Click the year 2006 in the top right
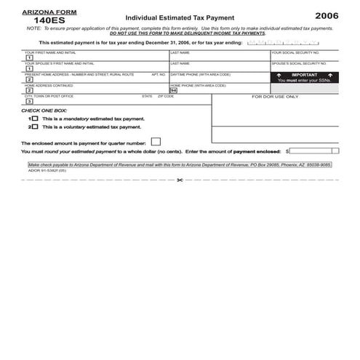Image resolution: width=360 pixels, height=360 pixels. click(327, 15)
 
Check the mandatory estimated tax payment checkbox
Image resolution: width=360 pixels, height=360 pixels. click(34, 118)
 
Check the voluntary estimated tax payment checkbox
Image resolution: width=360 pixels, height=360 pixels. click(34, 127)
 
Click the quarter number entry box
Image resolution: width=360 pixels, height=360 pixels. click(156, 142)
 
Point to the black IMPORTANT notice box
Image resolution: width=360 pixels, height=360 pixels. click(305, 77)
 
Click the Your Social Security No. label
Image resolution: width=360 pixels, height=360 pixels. click(295, 52)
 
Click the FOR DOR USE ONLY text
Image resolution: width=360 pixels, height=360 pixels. click(275, 96)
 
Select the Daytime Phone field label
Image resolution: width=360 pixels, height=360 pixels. click(200, 74)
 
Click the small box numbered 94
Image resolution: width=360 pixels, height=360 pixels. click(173, 90)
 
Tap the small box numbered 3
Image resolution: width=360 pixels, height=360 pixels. click(29, 101)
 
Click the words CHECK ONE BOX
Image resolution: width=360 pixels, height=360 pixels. click(41, 110)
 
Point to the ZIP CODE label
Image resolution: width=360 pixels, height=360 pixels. click(166, 96)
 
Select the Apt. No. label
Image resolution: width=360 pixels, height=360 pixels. click(159, 74)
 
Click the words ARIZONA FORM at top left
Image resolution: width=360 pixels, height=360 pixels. click(44, 12)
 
